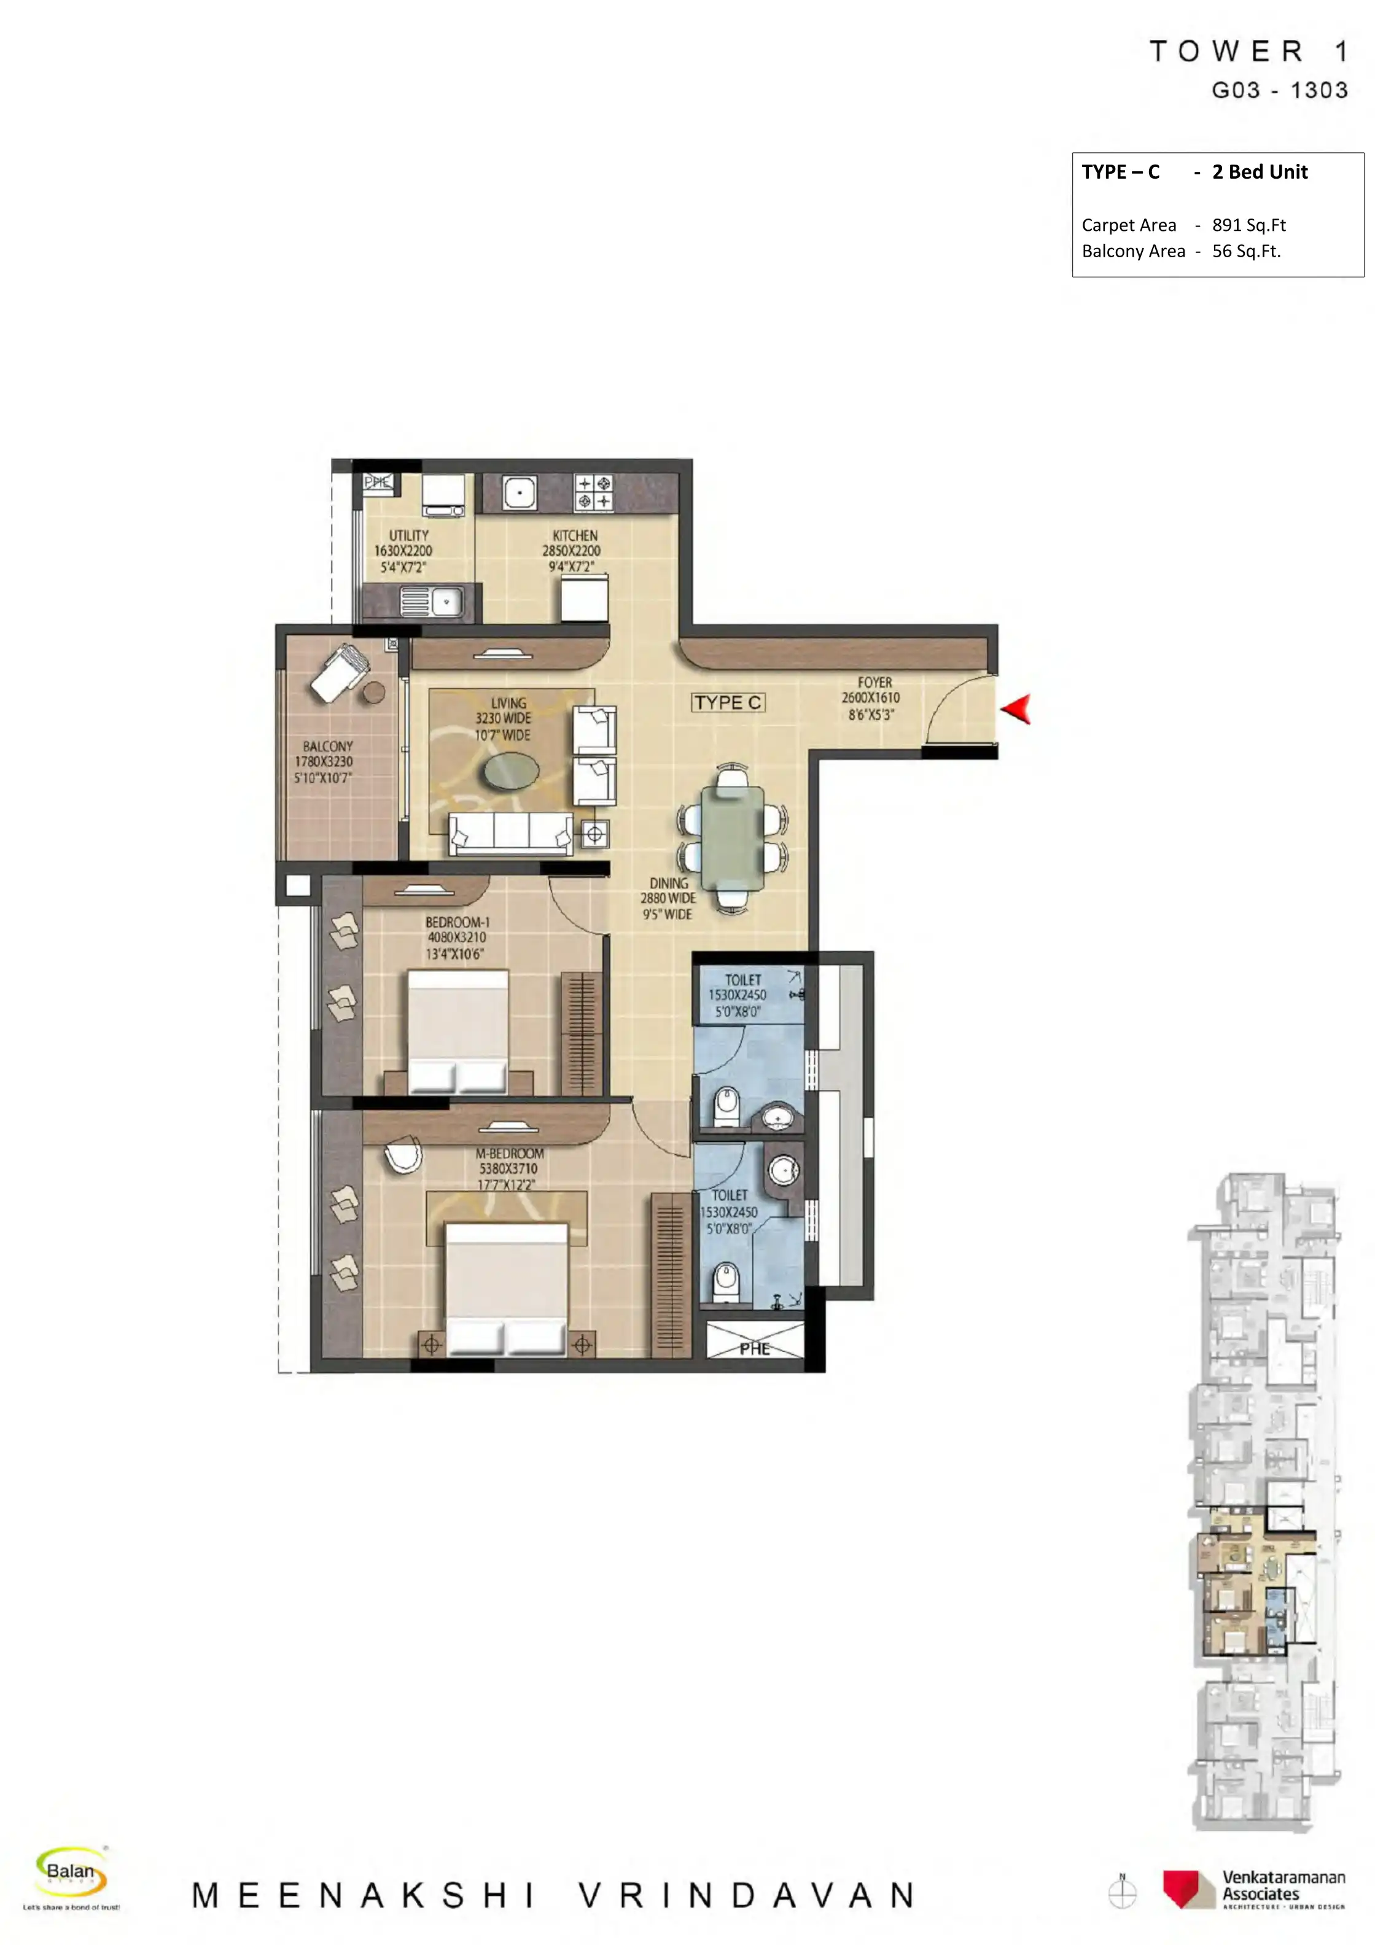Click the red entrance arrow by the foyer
point(1016,709)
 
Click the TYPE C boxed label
point(728,702)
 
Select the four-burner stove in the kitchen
point(594,492)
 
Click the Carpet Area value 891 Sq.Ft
point(1248,225)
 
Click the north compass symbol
point(1123,1892)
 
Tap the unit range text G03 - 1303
point(1279,91)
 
